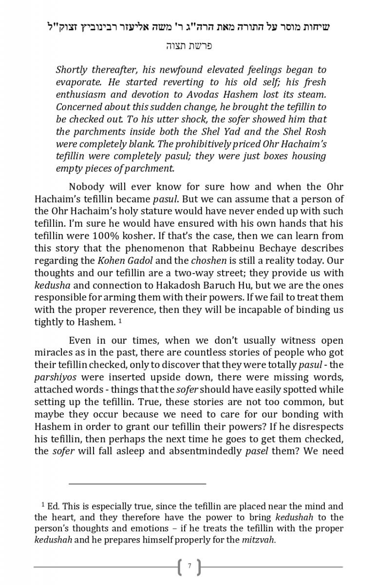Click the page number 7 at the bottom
point(189,566)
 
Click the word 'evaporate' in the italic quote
point(76,82)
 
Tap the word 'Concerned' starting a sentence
point(78,107)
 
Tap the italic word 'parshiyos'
point(55,377)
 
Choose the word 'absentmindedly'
point(205,451)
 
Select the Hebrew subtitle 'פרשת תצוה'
point(189,46)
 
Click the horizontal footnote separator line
point(137,484)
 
